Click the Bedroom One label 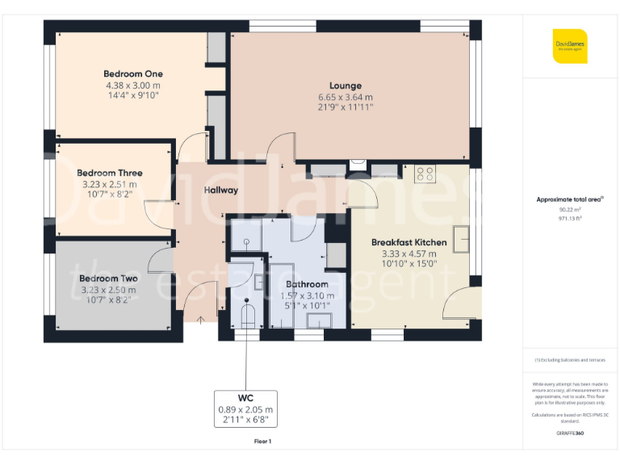(132, 74)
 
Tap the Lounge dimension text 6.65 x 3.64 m (345, 97)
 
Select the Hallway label (220, 191)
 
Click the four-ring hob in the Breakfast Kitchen (425, 174)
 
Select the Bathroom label (307, 284)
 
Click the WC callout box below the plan (245, 409)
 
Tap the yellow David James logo (570, 46)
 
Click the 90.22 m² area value (570, 209)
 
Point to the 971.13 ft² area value (570, 217)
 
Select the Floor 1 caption (262, 442)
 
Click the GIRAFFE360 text (570, 434)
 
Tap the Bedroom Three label (110, 173)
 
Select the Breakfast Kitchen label (408, 242)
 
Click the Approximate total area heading (570, 199)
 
